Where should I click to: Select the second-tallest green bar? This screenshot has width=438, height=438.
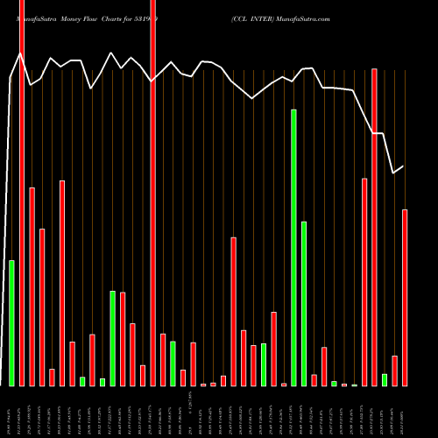tap(304, 303)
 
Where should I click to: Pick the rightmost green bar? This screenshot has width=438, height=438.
tap(385, 379)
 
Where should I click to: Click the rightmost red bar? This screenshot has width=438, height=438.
tap(405, 297)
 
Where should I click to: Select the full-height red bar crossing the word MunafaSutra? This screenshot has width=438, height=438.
tap(22, 193)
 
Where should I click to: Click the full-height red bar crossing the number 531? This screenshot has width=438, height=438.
tap(152, 193)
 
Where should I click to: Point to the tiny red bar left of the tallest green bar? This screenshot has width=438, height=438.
tap(284, 384)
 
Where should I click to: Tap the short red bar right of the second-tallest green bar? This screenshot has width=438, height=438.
tap(314, 379)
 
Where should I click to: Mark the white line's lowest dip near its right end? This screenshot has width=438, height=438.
tap(393, 173)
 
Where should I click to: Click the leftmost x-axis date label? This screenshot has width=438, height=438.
tap(9, 413)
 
